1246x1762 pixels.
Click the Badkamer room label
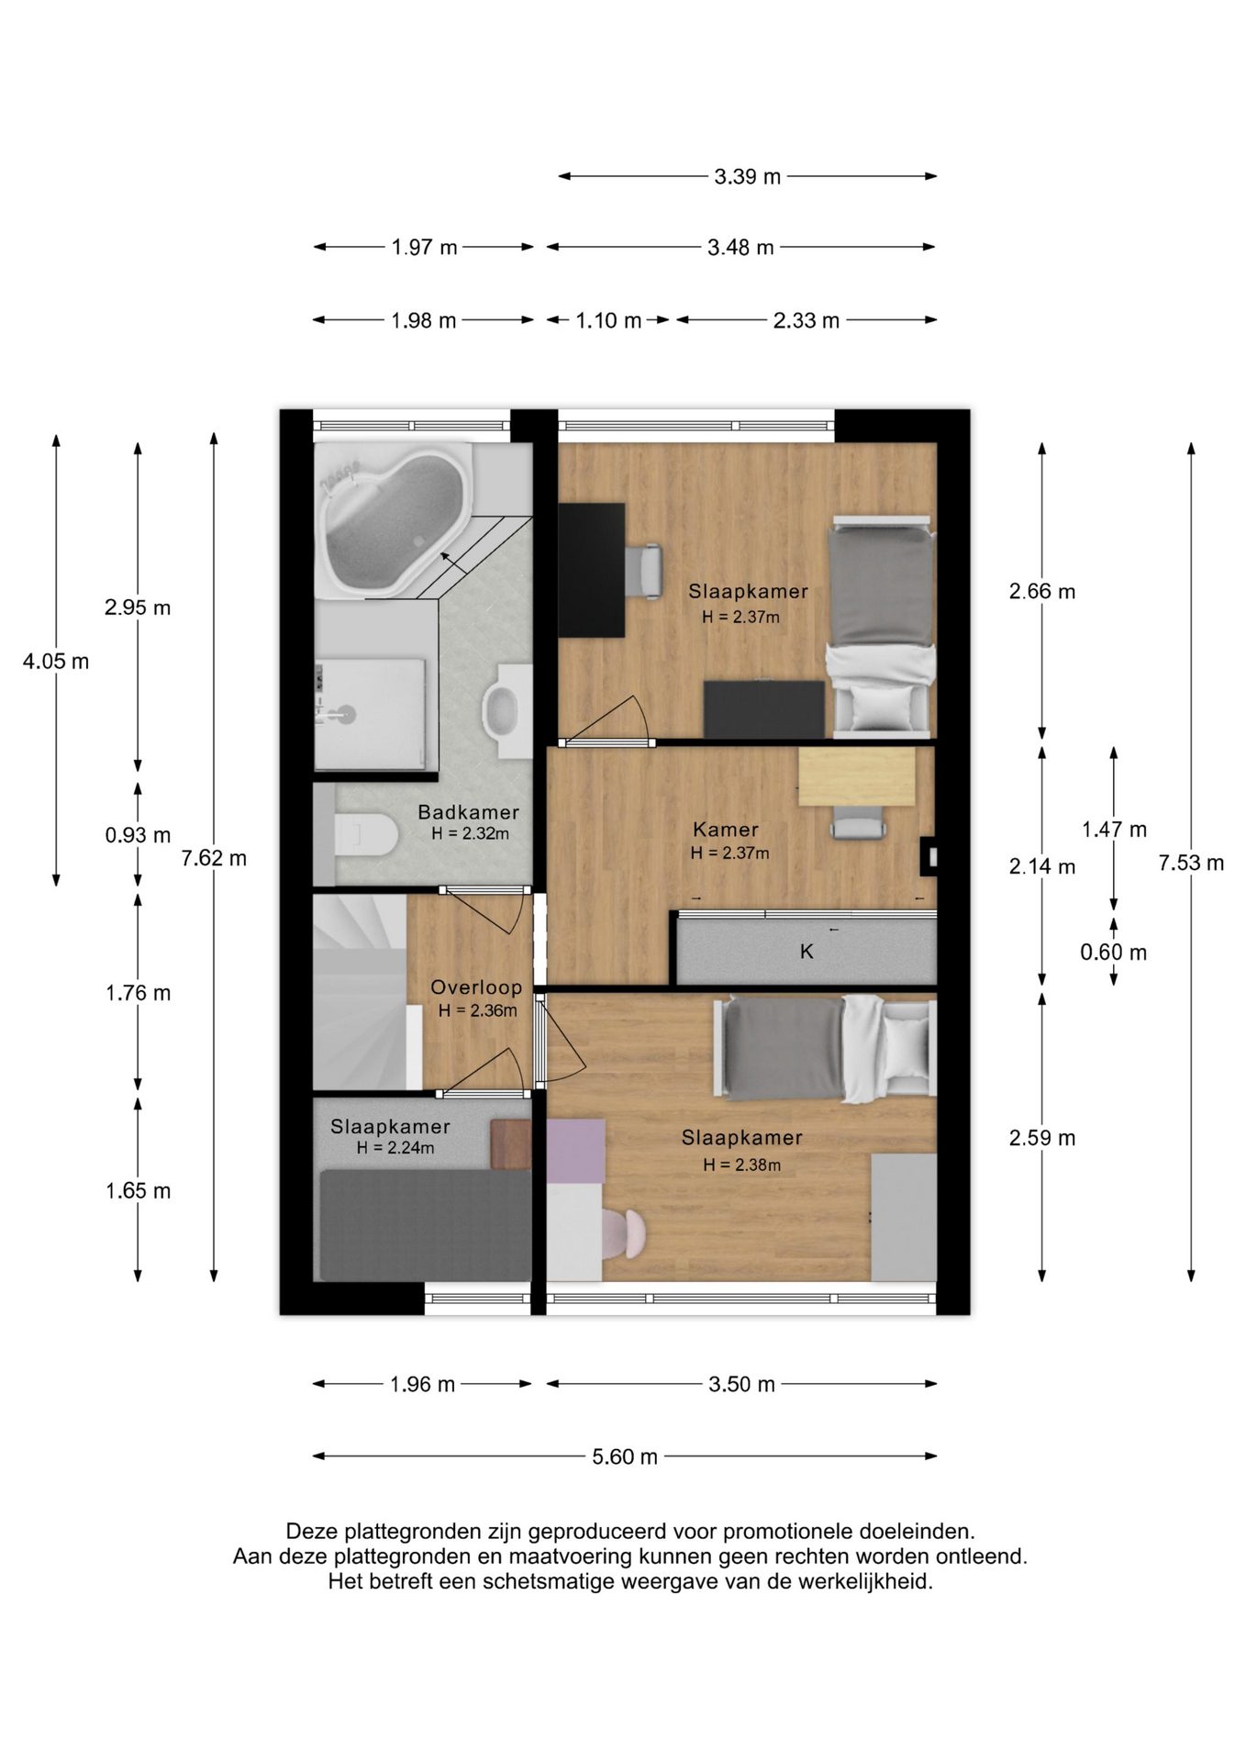point(468,812)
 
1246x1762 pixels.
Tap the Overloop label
point(476,987)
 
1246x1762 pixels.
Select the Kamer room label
point(726,830)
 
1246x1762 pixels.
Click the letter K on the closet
point(807,952)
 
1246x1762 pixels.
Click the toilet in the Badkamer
point(365,835)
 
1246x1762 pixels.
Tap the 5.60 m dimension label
point(625,1456)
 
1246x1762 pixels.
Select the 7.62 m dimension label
point(214,858)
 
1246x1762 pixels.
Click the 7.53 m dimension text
point(1191,863)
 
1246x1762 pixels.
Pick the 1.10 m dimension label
point(608,320)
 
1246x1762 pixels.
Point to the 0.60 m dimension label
point(1113,953)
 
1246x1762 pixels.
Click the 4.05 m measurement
point(56,661)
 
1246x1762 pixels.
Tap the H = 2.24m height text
point(395,1148)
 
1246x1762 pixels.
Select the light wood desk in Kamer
point(857,777)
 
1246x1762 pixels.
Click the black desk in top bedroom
point(592,569)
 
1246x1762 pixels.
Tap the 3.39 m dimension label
point(748,176)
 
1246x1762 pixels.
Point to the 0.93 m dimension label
point(138,835)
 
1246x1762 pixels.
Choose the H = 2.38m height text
point(742,1165)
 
